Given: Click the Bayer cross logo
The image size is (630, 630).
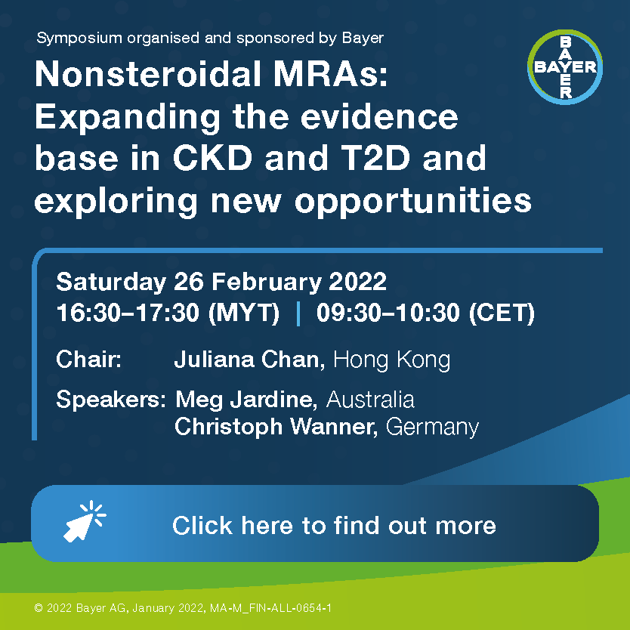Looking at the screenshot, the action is coord(565,67).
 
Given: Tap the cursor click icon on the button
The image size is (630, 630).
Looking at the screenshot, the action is coord(85,521).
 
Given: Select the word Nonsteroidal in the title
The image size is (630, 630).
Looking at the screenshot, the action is coord(149,74).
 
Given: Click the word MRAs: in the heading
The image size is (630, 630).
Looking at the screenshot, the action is coord(331,74).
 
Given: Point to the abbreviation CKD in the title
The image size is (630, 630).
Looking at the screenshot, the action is coord(212,158).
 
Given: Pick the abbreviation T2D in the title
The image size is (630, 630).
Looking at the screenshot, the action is coord(375,158).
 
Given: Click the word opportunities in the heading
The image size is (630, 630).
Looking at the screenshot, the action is coord(413,201).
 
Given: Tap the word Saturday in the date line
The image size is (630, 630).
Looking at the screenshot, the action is coord(111,282).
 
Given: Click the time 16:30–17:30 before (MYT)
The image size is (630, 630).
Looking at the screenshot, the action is coord(128,313).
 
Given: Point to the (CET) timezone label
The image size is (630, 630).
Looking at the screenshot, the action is coord(502,313).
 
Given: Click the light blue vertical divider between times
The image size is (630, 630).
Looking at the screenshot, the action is coord(298,313).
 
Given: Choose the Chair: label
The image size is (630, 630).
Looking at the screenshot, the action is coord(89,360).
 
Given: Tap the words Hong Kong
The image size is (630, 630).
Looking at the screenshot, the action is coord(392,360).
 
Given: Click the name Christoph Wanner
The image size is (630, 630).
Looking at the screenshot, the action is coord(276,426).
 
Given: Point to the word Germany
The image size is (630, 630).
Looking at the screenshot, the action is coord(432,427).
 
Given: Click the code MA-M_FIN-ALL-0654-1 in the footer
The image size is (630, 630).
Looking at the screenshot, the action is coord(270,608).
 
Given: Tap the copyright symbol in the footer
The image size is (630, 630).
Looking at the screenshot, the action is coord(39,608).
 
